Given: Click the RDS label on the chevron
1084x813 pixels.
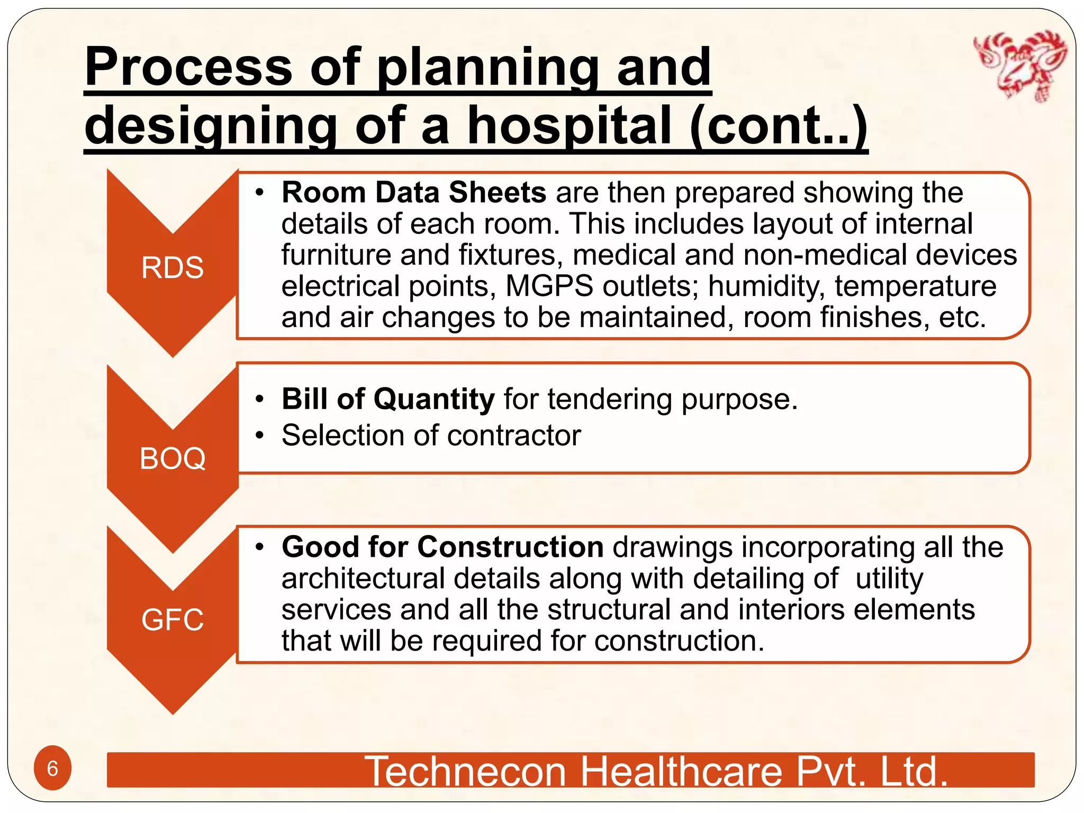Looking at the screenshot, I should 172,267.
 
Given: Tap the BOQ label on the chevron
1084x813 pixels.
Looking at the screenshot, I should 172,458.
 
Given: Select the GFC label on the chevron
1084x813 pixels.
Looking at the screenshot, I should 172,619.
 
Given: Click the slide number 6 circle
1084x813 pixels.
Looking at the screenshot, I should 52,768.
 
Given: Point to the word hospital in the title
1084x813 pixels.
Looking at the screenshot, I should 570,125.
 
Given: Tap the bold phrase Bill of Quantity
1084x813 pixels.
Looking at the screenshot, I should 388,399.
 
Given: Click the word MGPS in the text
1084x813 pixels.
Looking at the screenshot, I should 549,286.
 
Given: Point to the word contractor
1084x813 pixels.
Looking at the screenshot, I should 514,435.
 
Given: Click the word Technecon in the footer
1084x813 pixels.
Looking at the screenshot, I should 466,771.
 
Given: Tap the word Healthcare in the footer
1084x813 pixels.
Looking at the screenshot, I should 682,771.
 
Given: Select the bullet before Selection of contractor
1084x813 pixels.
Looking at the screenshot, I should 259,436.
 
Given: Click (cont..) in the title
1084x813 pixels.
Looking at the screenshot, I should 779,125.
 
